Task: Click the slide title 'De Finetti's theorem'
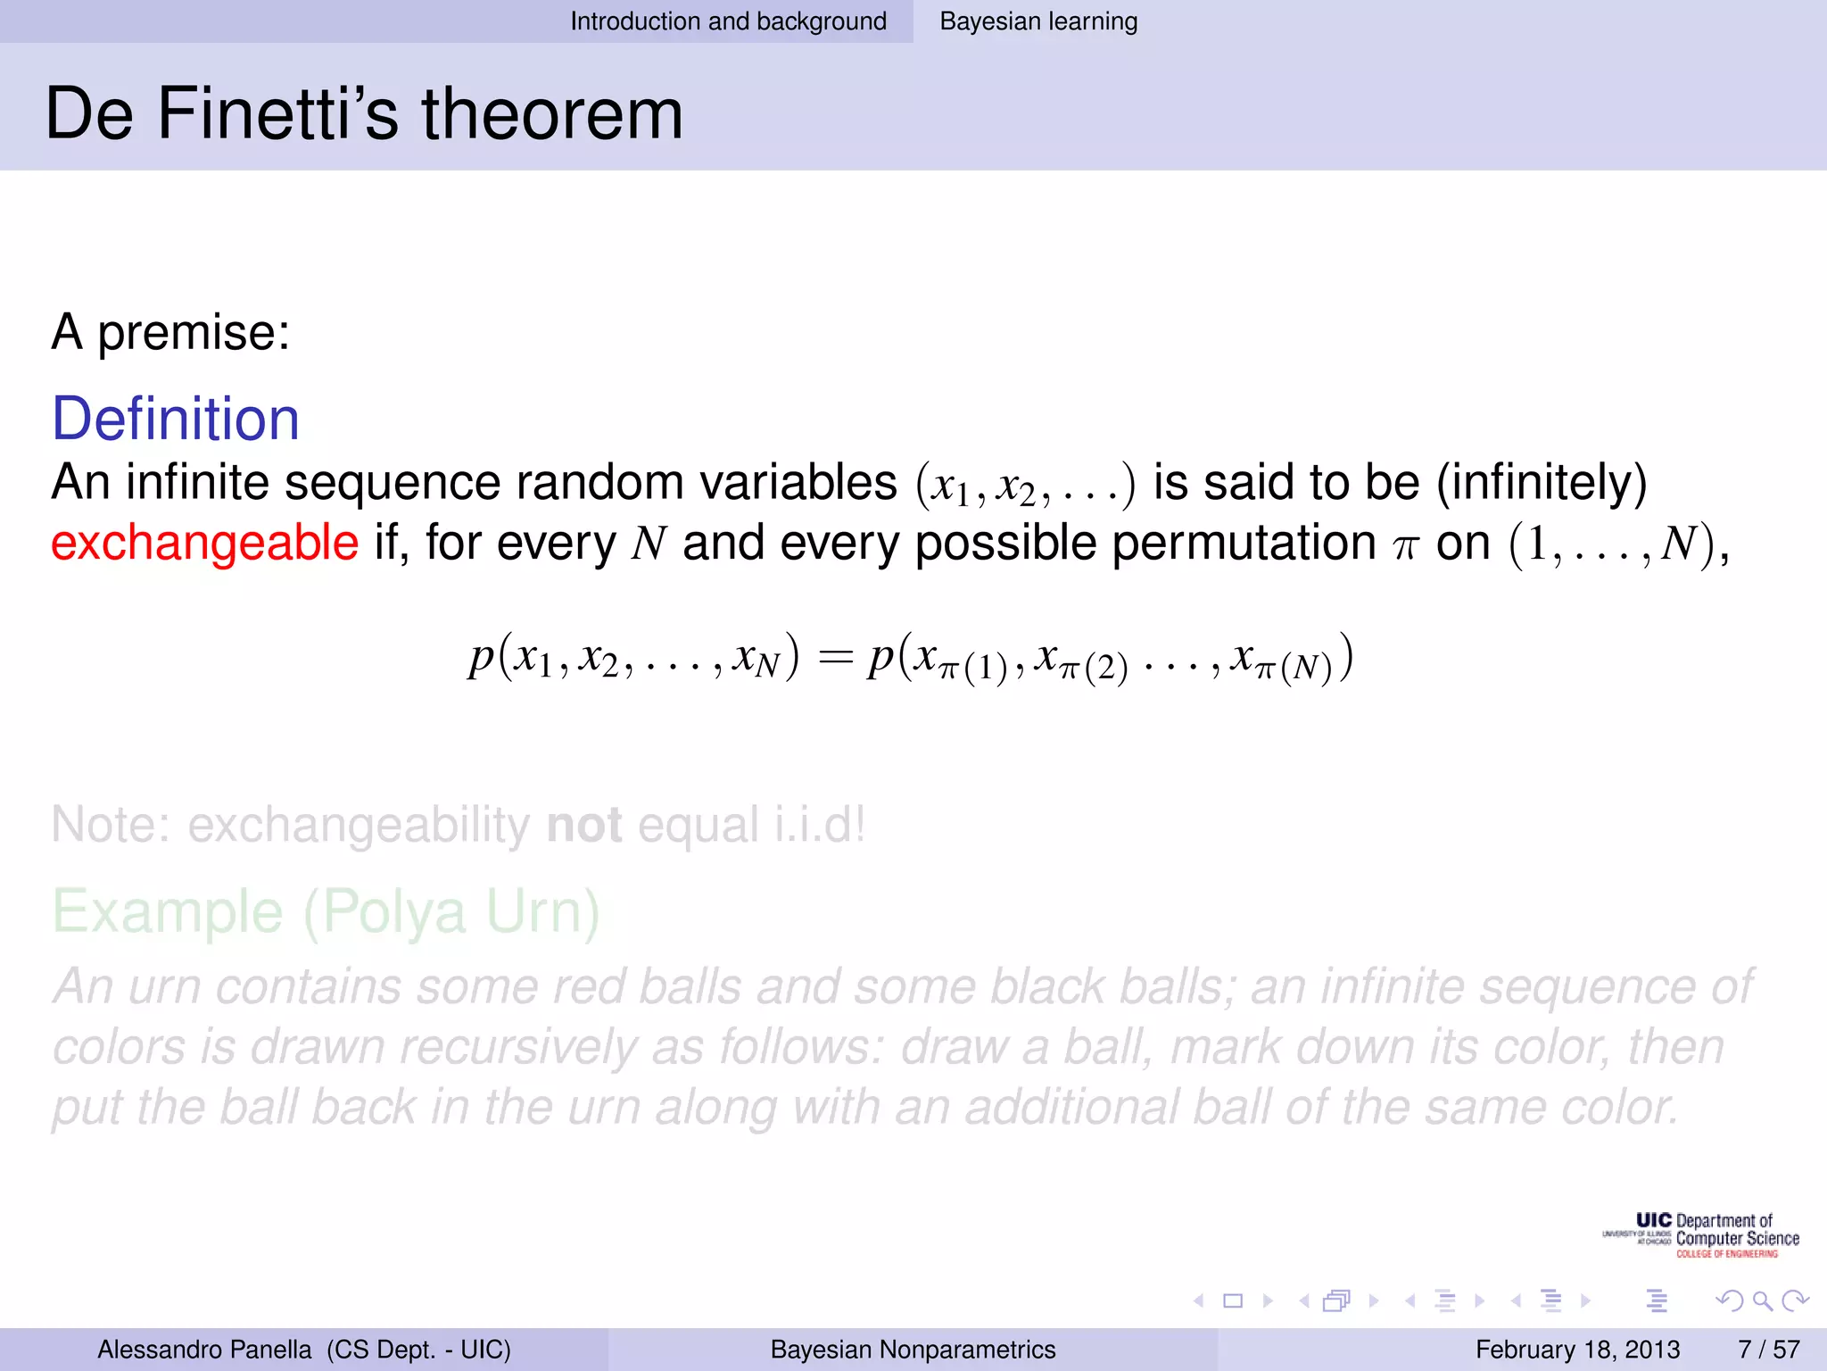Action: pyautogui.click(x=364, y=114)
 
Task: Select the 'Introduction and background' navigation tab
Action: pyautogui.click(x=728, y=21)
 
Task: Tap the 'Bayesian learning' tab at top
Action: pyautogui.click(x=1038, y=21)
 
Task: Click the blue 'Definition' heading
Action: pyautogui.click(x=176, y=419)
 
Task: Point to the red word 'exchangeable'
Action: pyautogui.click(x=204, y=543)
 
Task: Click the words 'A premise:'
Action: pyautogui.click(x=170, y=332)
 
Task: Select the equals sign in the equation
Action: pyautogui.click(x=834, y=659)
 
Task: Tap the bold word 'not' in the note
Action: pyautogui.click(x=584, y=824)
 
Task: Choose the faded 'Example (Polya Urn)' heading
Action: pyautogui.click(x=326, y=911)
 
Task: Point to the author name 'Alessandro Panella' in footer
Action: pyautogui.click(x=204, y=1350)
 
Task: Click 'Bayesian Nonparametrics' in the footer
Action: pyautogui.click(x=913, y=1350)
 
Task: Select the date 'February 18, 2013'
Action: pyautogui.click(x=1577, y=1350)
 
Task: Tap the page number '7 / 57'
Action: pyautogui.click(x=1768, y=1350)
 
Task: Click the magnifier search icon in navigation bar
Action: pyautogui.click(x=1762, y=1301)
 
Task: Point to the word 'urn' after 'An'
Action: pyautogui.click(x=164, y=987)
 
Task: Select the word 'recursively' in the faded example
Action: pyautogui.click(x=518, y=1047)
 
